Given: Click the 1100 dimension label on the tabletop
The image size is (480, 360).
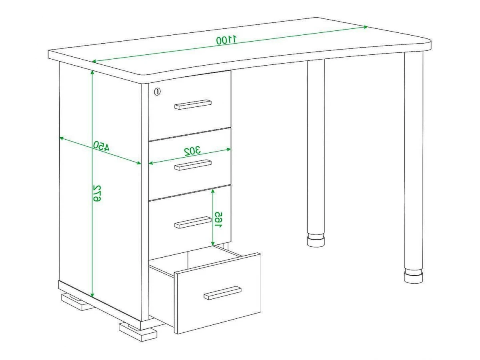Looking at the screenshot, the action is (226, 40).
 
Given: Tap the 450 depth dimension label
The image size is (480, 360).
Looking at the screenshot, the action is (101, 146).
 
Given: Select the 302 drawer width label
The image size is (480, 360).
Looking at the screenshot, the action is (192, 151).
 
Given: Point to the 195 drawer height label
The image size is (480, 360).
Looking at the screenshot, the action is (218, 220).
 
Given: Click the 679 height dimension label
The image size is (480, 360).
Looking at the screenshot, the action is (97, 193).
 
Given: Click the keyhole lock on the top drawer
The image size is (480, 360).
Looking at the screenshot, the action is (157, 91).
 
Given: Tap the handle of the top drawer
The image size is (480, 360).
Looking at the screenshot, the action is (193, 104).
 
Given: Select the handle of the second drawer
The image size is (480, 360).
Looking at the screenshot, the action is (193, 164).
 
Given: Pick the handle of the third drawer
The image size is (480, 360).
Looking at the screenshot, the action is (193, 222).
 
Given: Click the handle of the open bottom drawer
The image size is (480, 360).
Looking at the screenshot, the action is (222, 293).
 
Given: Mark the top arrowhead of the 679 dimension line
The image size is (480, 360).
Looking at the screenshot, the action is (92, 73).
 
